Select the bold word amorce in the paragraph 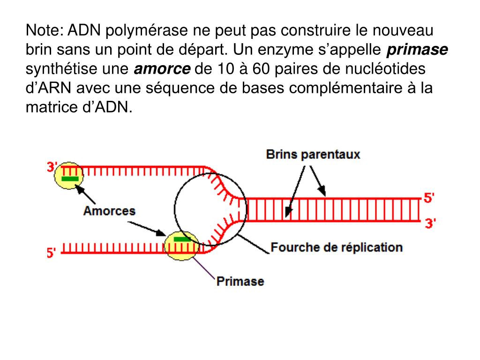[163, 69]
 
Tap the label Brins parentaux [313, 154]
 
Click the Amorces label [109, 210]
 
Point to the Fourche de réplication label [337, 247]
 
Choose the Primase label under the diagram [240, 281]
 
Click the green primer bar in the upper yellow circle [70, 179]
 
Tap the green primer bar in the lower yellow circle [182, 239]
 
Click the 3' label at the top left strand [52, 166]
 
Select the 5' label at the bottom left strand [52, 253]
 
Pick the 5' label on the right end [429, 198]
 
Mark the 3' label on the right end [430, 223]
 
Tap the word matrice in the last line [46, 107]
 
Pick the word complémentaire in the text [345, 89]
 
